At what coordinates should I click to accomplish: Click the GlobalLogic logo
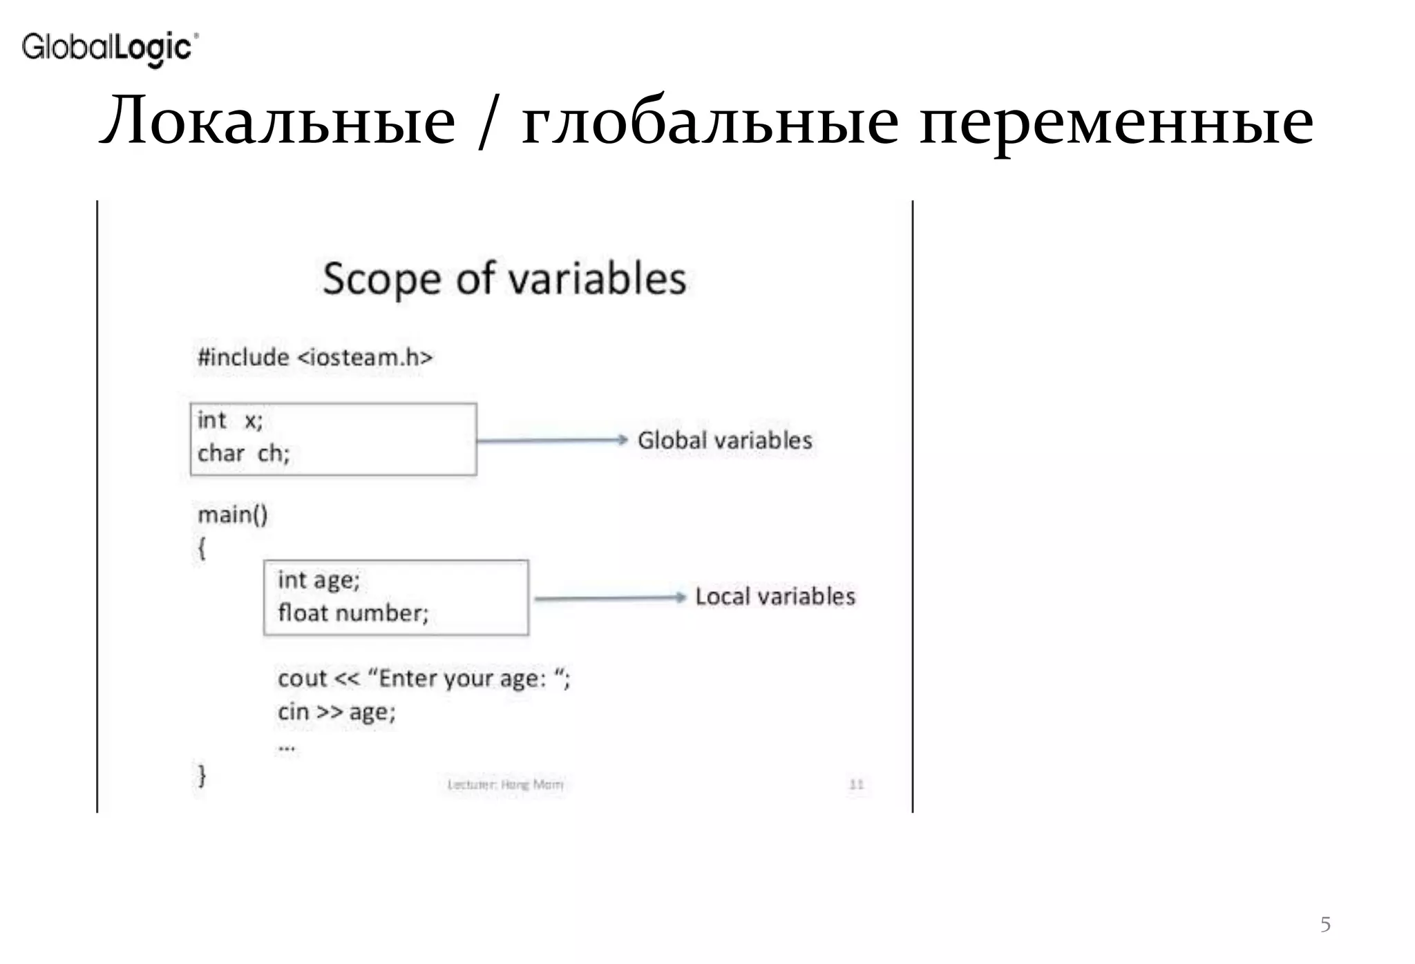click(x=110, y=48)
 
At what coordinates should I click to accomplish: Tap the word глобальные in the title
click(x=710, y=122)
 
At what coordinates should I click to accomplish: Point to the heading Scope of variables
click(x=504, y=279)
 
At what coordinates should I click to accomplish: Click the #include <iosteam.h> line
click(x=315, y=358)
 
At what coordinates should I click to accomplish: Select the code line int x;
click(x=230, y=420)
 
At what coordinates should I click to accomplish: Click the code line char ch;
click(x=243, y=454)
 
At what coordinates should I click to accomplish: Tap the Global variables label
click(x=724, y=441)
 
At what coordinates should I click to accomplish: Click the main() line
click(x=232, y=514)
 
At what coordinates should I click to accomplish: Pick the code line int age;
click(x=319, y=580)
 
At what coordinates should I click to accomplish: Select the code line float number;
click(x=353, y=613)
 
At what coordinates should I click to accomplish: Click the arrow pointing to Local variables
click(x=610, y=598)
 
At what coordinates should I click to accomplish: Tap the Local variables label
click(x=775, y=597)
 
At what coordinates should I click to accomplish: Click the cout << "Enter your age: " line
click(x=424, y=679)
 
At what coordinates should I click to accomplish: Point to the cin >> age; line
click(x=336, y=712)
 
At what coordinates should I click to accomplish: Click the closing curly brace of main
click(x=202, y=775)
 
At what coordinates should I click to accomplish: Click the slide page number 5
click(x=1324, y=924)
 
